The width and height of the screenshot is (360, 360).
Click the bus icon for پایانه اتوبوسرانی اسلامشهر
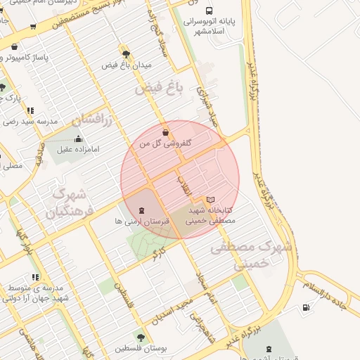coord(209,11)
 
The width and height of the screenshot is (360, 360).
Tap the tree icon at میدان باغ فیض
coord(126,54)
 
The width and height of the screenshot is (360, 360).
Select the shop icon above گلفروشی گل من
coord(165,131)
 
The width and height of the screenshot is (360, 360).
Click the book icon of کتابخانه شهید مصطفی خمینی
coord(210,200)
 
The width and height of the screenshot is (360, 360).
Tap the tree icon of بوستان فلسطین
coord(141,338)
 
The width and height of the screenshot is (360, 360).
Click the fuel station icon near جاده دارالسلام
coord(305,308)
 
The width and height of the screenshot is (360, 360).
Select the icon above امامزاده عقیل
coord(78,139)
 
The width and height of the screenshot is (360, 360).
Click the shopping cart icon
coord(33,27)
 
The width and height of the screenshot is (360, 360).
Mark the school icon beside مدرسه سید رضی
coord(30,110)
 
